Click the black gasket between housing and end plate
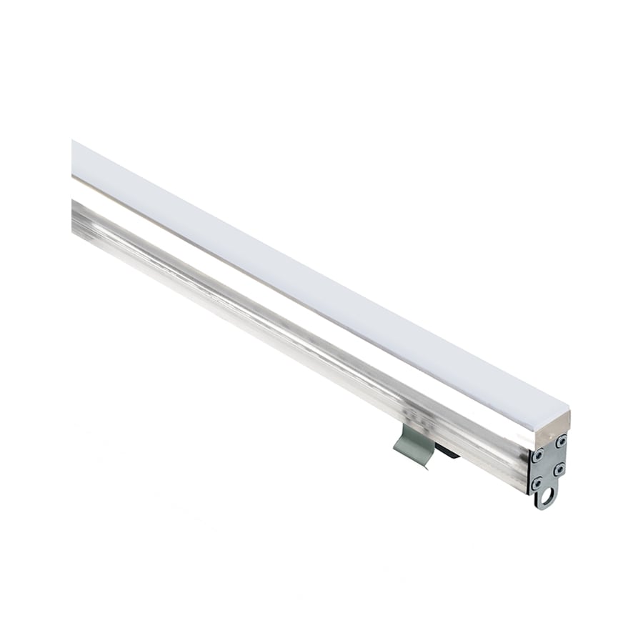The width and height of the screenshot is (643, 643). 529,469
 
